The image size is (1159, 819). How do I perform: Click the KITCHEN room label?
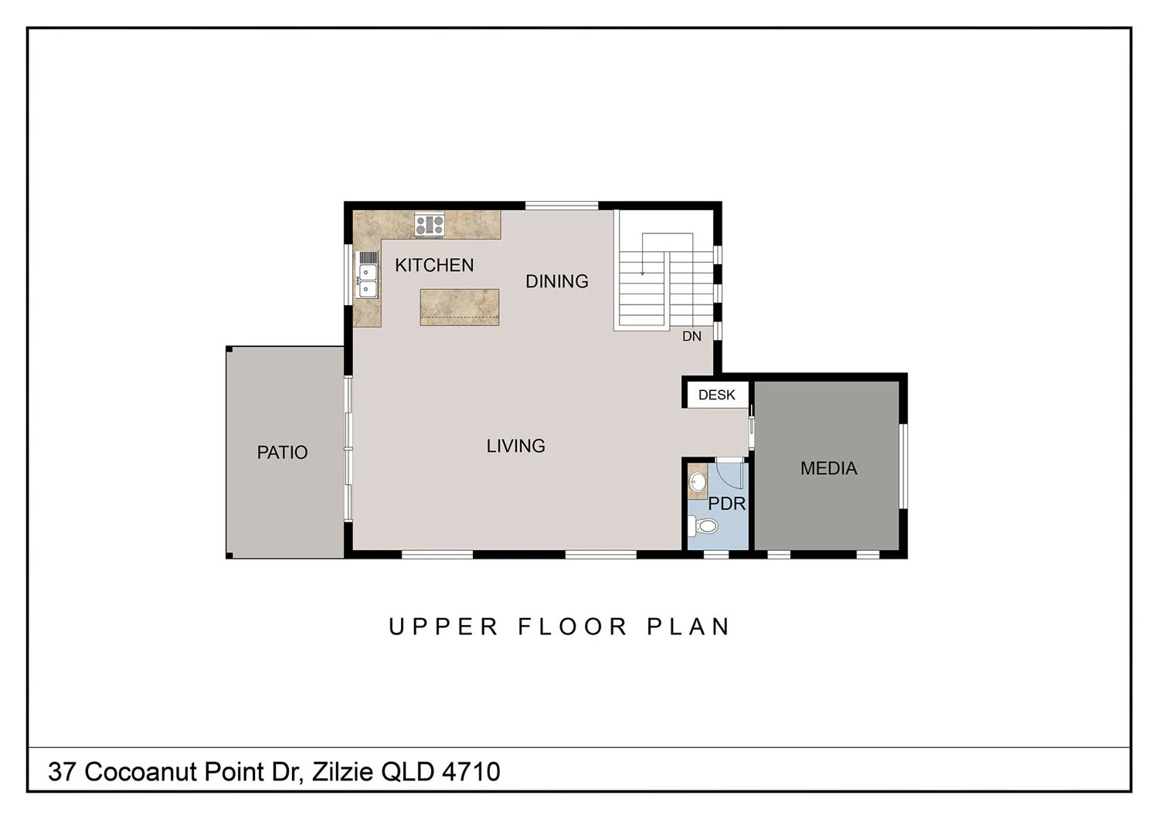pyautogui.click(x=434, y=265)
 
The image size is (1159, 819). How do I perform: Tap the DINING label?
pyautogui.click(x=557, y=281)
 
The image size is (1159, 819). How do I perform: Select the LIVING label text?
pyautogui.click(x=515, y=446)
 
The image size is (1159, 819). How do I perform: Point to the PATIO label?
pyautogui.click(x=282, y=452)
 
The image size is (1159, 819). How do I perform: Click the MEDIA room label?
pyautogui.click(x=828, y=468)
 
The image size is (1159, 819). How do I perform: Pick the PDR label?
pyautogui.click(x=727, y=504)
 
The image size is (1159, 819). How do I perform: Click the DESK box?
pyautogui.click(x=716, y=395)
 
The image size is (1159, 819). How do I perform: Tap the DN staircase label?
pyautogui.click(x=692, y=336)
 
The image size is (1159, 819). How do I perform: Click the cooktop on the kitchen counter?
pyautogui.click(x=430, y=225)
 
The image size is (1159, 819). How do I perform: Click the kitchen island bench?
pyautogui.click(x=459, y=307)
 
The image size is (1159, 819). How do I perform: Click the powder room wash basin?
pyautogui.click(x=698, y=481)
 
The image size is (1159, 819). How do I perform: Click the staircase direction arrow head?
pyautogui.click(x=642, y=273)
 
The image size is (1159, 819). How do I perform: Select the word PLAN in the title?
pyautogui.click(x=688, y=627)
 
